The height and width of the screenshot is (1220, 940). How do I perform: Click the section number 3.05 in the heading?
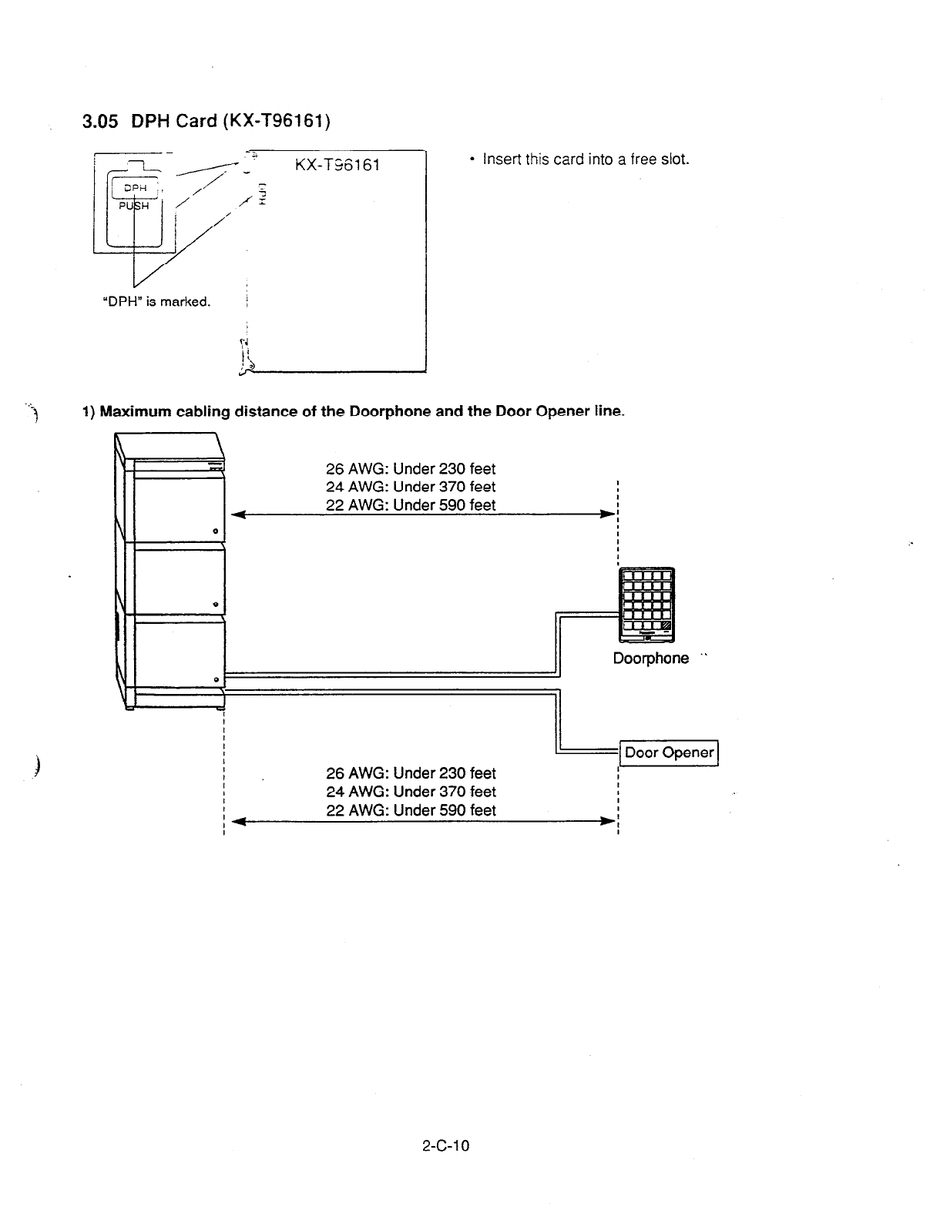pyautogui.click(x=99, y=121)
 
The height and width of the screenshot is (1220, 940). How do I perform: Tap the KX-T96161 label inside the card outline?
pyautogui.click(x=337, y=166)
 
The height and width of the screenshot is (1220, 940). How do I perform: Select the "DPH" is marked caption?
pyautogui.click(x=156, y=301)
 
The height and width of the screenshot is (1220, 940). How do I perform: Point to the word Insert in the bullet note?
pyautogui.click(x=501, y=159)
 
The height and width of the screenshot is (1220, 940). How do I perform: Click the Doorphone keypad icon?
pyautogui.click(x=646, y=604)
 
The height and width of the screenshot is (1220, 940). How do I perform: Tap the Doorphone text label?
pyautogui.click(x=651, y=659)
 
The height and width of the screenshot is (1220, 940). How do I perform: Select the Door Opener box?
pyautogui.click(x=669, y=752)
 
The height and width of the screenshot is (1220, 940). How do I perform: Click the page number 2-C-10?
pyautogui.click(x=445, y=1145)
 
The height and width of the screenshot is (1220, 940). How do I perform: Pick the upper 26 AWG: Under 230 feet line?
pyautogui.click(x=411, y=469)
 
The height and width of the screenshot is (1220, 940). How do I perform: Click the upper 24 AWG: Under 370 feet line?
pyautogui.click(x=411, y=487)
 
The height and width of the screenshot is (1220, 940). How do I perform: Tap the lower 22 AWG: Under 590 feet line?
pyautogui.click(x=411, y=810)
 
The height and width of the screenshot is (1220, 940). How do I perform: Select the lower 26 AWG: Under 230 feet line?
pyautogui.click(x=411, y=773)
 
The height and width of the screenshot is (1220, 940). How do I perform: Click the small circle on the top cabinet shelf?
pyautogui.click(x=216, y=532)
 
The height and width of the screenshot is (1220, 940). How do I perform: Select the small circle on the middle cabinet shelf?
pyautogui.click(x=216, y=603)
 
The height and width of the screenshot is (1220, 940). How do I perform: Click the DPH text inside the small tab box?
pyautogui.click(x=134, y=188)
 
